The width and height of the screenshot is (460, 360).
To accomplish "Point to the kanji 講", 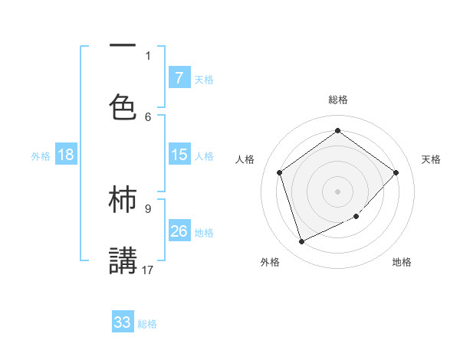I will (x=123, y=260).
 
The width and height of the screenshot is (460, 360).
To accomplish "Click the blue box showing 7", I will (x=179, y=77).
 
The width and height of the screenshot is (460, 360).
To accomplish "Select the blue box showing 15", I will (x=179, y=155).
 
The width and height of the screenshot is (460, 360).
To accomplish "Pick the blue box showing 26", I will (x=179, y=231).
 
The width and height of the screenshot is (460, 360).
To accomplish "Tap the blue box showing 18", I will (x=66, y=155).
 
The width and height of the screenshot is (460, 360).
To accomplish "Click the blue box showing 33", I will (x=123, y=322).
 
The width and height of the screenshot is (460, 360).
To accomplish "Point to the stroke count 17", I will (x=149, y=270).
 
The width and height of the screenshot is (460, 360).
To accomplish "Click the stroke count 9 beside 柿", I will (x=148, y=208).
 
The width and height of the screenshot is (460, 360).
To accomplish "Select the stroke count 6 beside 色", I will (x=148, y=116).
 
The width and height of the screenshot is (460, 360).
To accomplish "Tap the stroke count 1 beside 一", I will (x=148, y=55).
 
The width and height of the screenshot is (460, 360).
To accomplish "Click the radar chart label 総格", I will (x=337, y=100).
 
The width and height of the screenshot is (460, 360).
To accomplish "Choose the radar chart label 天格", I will (x=431, y=159).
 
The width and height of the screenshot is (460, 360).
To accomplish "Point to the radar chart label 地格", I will (x=402, y=262).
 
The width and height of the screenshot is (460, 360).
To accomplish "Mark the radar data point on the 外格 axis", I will (x=301, y=242).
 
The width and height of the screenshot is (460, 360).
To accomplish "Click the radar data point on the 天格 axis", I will (x=396, y=172).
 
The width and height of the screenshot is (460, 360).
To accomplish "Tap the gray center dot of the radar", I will (x=337, y=191).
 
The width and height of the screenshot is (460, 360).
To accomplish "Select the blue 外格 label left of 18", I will (x=41, y=155).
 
